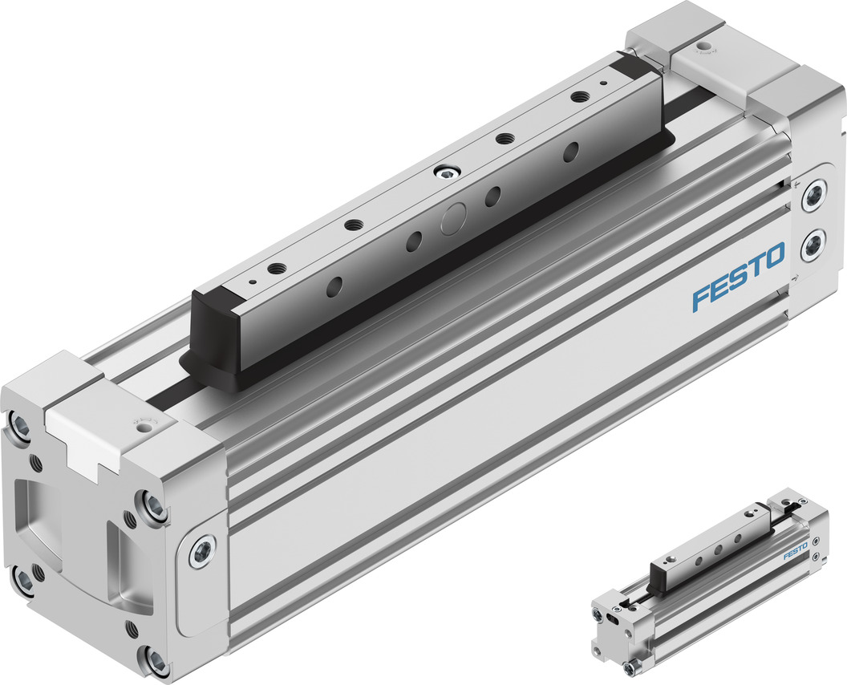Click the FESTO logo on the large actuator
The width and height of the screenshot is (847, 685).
(x=738, y=278)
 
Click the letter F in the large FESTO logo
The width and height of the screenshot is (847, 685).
(x=699, y=298)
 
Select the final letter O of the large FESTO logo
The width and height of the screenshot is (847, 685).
(x=774, y=257)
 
